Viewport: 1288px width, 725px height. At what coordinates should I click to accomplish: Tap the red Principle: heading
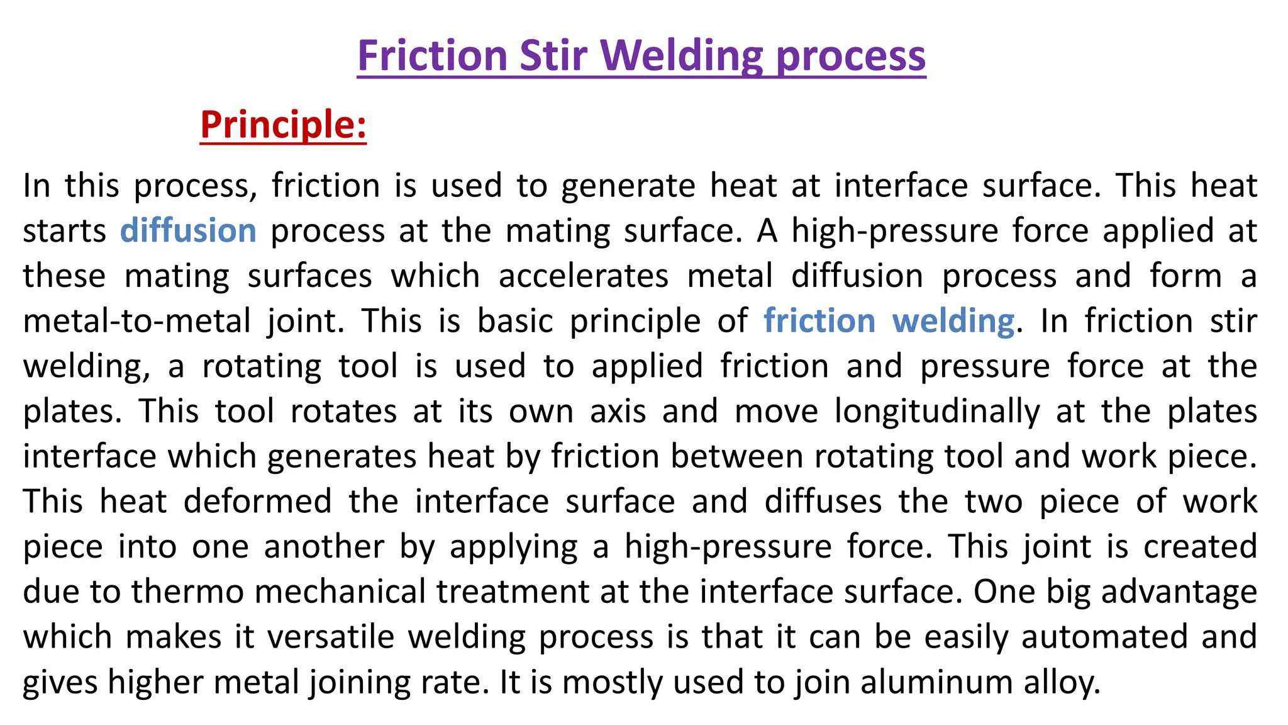pyautogui.click(x=283, y=125)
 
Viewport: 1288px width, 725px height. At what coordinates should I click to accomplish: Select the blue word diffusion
pyautogui.click(x=188, y=230)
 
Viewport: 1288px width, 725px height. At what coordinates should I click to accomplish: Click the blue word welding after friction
pyautogui.click(x=953, y=321)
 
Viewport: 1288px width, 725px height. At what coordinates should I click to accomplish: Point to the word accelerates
pyautogui.click(x=583, y=276)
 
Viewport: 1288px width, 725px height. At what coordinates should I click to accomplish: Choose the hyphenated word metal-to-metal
pyautogui.click(x=137, y=321)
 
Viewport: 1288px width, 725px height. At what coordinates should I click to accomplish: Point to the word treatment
pyautogui.click(x=513, y=592)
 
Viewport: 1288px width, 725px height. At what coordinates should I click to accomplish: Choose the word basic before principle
pyautogui.click(x=515, y=321)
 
